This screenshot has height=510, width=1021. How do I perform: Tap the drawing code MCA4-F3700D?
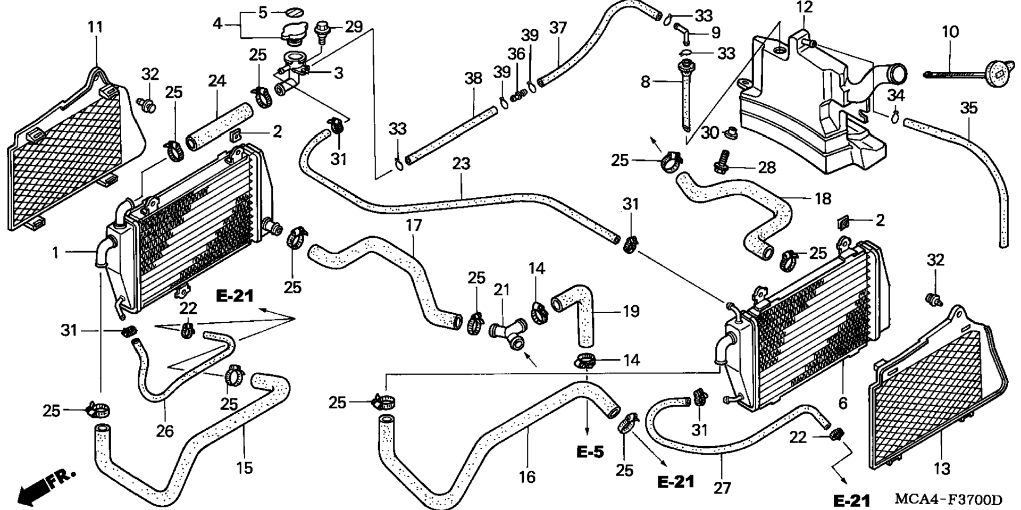pyautogui.click(x=949, y=500)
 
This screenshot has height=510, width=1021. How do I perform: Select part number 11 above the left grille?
pyautogui.click(x=95, y=27)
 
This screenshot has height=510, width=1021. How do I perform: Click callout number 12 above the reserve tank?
pyautogui.click(x=805, y=8)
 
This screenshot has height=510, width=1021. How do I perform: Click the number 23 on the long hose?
pyautogui.click(x=461, y=163)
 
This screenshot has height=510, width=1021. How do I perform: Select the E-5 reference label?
pyautogui.click(x=590, y=452)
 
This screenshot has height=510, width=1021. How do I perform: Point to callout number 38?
pyautogui.click(x=473, y=78)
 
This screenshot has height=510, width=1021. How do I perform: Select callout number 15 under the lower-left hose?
pyautogui.click(x=244, y=467)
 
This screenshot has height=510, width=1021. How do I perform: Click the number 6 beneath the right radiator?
pyautogui.click(x=843, y=403)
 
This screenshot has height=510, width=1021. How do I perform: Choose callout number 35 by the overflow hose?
pyautogui.click(x=969, y=108)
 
